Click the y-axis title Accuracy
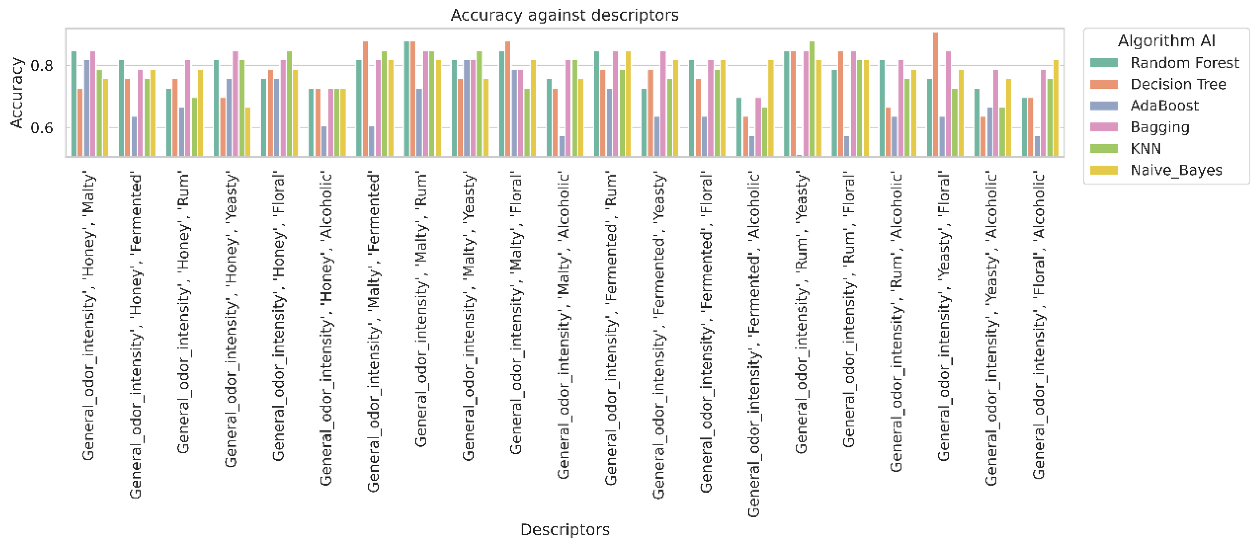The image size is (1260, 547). click(17, 93)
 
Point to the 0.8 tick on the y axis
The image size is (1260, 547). click(42, 66)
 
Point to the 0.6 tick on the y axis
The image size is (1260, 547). click(42, 128)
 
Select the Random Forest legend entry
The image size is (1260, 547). click(1184, 63)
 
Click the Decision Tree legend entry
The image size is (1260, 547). click(1178, 84)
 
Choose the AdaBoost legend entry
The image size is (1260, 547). click(1164, 105)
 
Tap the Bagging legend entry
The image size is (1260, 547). click(1159, 128)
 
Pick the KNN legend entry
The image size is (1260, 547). click(1145, 149)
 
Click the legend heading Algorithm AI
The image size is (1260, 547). click(1166, 41)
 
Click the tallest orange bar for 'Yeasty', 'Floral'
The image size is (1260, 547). click(935, 95)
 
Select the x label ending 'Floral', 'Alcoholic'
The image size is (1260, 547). click(1039, 325)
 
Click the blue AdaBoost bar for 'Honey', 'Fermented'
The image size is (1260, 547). click(134, 137)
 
